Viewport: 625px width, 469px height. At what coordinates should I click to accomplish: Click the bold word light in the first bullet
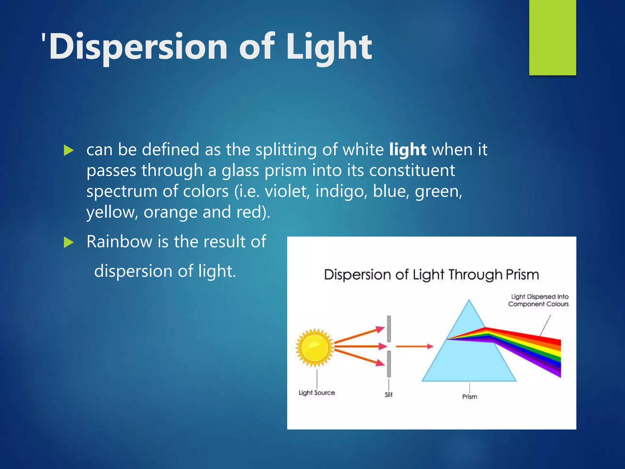pos(408,150)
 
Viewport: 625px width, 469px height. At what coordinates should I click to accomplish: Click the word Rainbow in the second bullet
pos(119,242)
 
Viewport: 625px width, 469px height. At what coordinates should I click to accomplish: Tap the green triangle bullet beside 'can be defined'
pos(69,151)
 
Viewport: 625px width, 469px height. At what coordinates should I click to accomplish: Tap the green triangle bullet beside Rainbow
pos(69,243)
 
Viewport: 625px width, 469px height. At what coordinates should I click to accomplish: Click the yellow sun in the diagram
pos(315,347)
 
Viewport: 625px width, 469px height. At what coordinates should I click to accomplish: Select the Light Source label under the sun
pos(316,393)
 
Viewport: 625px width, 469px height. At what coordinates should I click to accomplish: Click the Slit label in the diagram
pos(388,395)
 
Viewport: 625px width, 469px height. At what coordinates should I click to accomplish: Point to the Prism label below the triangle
pos(469,397)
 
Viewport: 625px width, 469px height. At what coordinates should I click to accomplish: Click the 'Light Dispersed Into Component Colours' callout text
pos(538,300)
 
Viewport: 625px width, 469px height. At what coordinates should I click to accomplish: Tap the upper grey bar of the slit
pos(389,329)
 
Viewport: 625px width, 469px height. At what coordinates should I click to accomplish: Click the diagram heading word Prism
pos(522,274)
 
